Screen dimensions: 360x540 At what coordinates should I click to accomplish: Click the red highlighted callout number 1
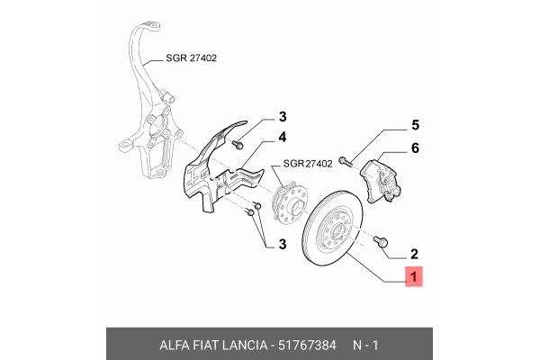pos(413,279)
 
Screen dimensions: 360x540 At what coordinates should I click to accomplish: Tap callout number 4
pos(282,138)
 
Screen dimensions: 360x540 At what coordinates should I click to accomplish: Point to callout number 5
pos(415,125)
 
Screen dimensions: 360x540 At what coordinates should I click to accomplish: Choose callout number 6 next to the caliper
pos(415,148)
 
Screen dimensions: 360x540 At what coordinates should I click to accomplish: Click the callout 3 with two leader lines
pos(282,244)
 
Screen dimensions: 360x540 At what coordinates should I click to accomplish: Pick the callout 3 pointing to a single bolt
pos(282,117)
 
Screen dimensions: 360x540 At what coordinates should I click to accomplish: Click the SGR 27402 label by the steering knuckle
pos(192,58)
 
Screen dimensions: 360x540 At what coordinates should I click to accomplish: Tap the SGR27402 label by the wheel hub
pos(308,164)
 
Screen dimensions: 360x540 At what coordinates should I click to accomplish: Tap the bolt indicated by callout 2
pos(381,240)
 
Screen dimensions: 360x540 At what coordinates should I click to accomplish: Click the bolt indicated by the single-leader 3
pos(238,142)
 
